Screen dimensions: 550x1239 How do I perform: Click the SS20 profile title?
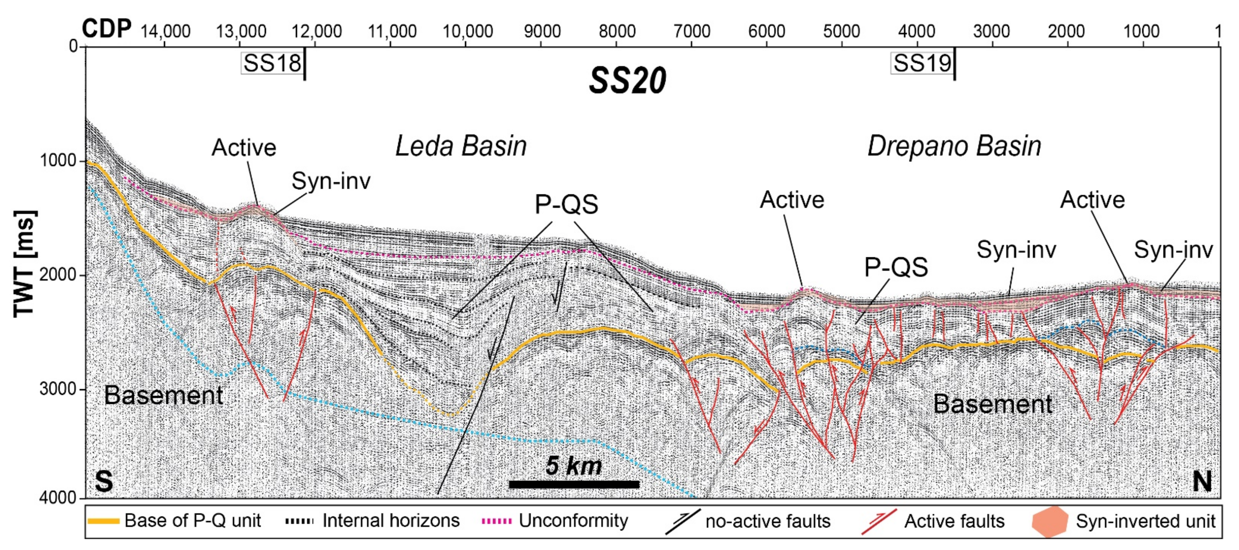point(628,81)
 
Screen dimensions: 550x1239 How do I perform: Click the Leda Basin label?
point(461,146)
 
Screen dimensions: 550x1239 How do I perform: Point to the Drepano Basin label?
point(954,146)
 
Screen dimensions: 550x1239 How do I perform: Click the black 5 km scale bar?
point(574,484)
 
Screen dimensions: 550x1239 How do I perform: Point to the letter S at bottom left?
point(104,481)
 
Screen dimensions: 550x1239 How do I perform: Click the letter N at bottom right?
point(1202,481)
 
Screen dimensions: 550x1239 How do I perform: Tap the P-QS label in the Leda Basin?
point(567,204)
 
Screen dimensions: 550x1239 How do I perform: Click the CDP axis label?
point(106,29)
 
